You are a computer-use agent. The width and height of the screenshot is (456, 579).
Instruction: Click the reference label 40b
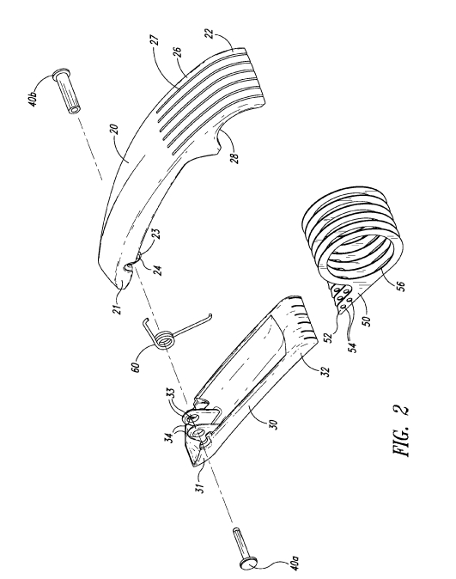(34, 97)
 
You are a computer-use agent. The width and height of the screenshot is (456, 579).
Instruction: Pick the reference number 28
(234, 157)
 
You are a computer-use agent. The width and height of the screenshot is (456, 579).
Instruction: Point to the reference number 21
(118, 308)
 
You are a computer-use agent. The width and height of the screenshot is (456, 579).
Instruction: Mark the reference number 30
(272, 424)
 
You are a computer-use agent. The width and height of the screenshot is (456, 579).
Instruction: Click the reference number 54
(354, 347)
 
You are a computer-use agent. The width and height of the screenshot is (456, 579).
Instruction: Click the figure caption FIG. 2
(401, 430)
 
